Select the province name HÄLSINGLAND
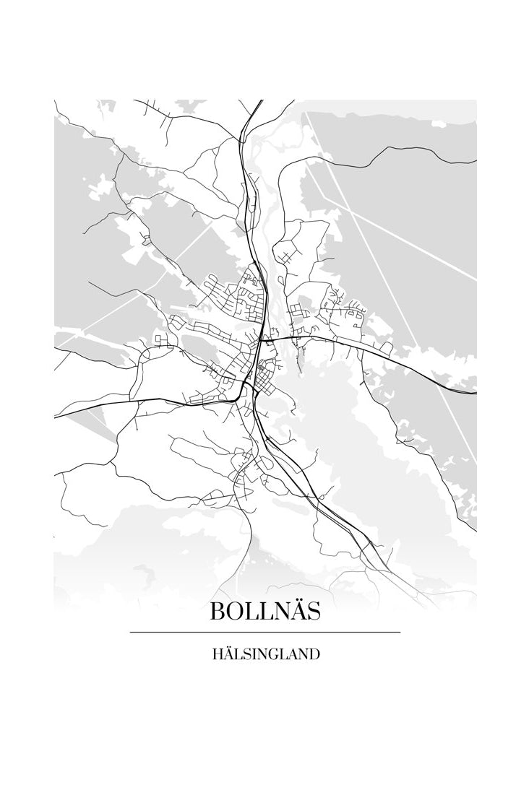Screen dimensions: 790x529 [x=265, y=656]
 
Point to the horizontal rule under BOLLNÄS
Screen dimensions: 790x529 [x=265, y=633]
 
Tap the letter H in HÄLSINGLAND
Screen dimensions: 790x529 [x=217, y=656]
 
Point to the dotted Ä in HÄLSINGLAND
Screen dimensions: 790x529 [x=227, y=655]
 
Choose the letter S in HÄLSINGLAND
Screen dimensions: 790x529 [x=245, y=656]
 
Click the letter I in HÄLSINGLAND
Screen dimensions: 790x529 [x=253, y=656]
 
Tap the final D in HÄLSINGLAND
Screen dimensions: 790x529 [x=314, y=656]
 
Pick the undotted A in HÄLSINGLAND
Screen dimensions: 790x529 [x=293, y=656]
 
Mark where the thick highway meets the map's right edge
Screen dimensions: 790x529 [x=475, y=393]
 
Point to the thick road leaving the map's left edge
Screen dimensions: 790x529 [x=56, y=417]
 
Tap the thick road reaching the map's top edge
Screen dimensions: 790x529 [x=260, y=102]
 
